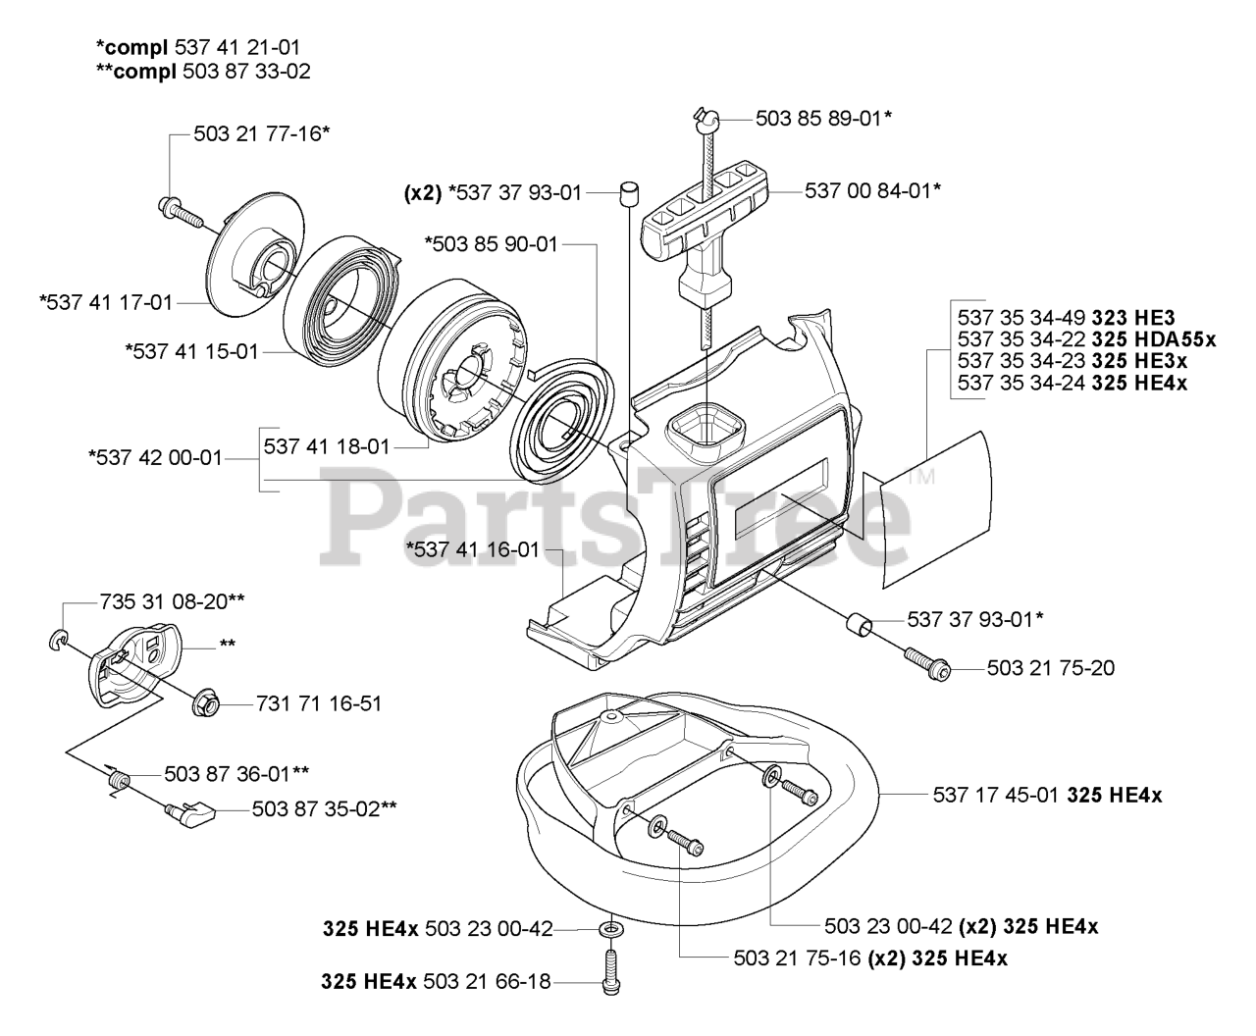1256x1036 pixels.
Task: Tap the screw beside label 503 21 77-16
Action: pyautogui.click(x=178, y=207)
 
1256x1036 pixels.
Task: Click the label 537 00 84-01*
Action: pyautogui.click(x=872, y=190)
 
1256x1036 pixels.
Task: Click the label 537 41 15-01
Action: pyautogui.click(x=191, y=350)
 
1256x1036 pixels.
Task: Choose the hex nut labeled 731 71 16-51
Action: pyautogui.click(x=207, y=702)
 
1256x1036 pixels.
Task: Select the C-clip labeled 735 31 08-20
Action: pyautogui.click(x=58, y=643)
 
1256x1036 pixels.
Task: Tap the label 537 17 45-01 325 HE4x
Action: pyautogui.click(x=1047, y=796)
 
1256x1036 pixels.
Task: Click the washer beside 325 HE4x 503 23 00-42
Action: pyautogui.click(x=611, y=928)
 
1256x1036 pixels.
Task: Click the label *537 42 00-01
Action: pyautogui.click(x=156, y=457)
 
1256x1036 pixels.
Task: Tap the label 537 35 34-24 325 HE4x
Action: pyautogui.click(x=1072, y=383)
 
